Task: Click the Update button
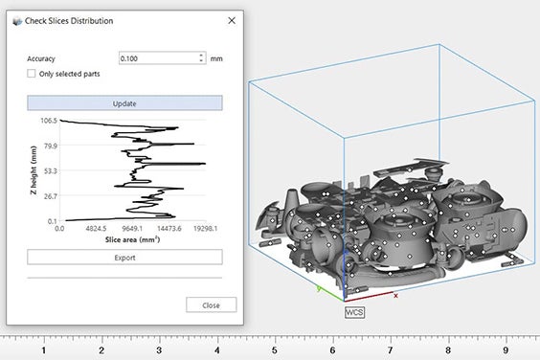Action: (124, 103)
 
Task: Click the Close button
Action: (211, 304)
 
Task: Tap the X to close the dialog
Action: (232, 21)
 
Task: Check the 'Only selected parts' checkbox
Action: (32, 74)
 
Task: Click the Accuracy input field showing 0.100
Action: (158, 58)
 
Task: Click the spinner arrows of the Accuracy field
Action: (201, 57)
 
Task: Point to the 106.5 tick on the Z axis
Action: (49, 121)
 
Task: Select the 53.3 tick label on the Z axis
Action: (51, 170)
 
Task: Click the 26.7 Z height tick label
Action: (51, 196)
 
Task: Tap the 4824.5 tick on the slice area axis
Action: (96, 228)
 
